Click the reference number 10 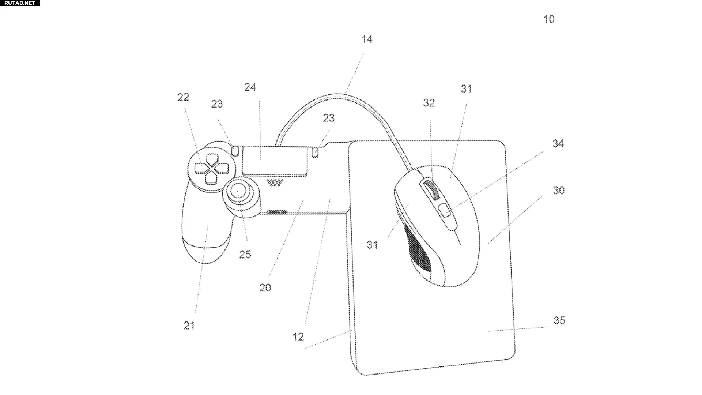[549, 19]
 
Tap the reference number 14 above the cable [367, 39]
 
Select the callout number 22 [183, 97]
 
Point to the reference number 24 [250, 87]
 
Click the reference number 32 [429, 103]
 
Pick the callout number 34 [558, 144]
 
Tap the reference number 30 [559, 190]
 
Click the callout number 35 [559, 320]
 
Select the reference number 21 [189, 325]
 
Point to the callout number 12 [298, 336]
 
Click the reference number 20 [265, 288]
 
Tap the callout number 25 [245, 254]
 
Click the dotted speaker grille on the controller [275, 182]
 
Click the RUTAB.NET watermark [20, 3]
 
